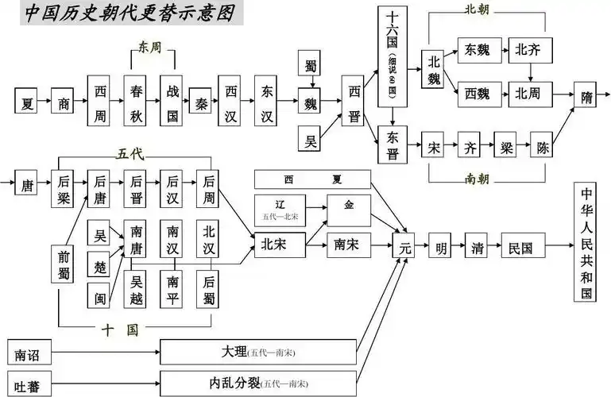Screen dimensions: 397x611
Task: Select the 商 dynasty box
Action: (x=64, y=102)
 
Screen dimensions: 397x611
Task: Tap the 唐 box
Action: (x=27, y=186)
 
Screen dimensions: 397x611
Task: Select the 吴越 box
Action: (x=137, y=288)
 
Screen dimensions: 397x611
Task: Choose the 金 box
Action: (x=348, y=204)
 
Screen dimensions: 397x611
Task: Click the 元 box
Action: (x=405, y=247)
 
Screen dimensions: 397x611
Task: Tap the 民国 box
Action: (x=520, y=247)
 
